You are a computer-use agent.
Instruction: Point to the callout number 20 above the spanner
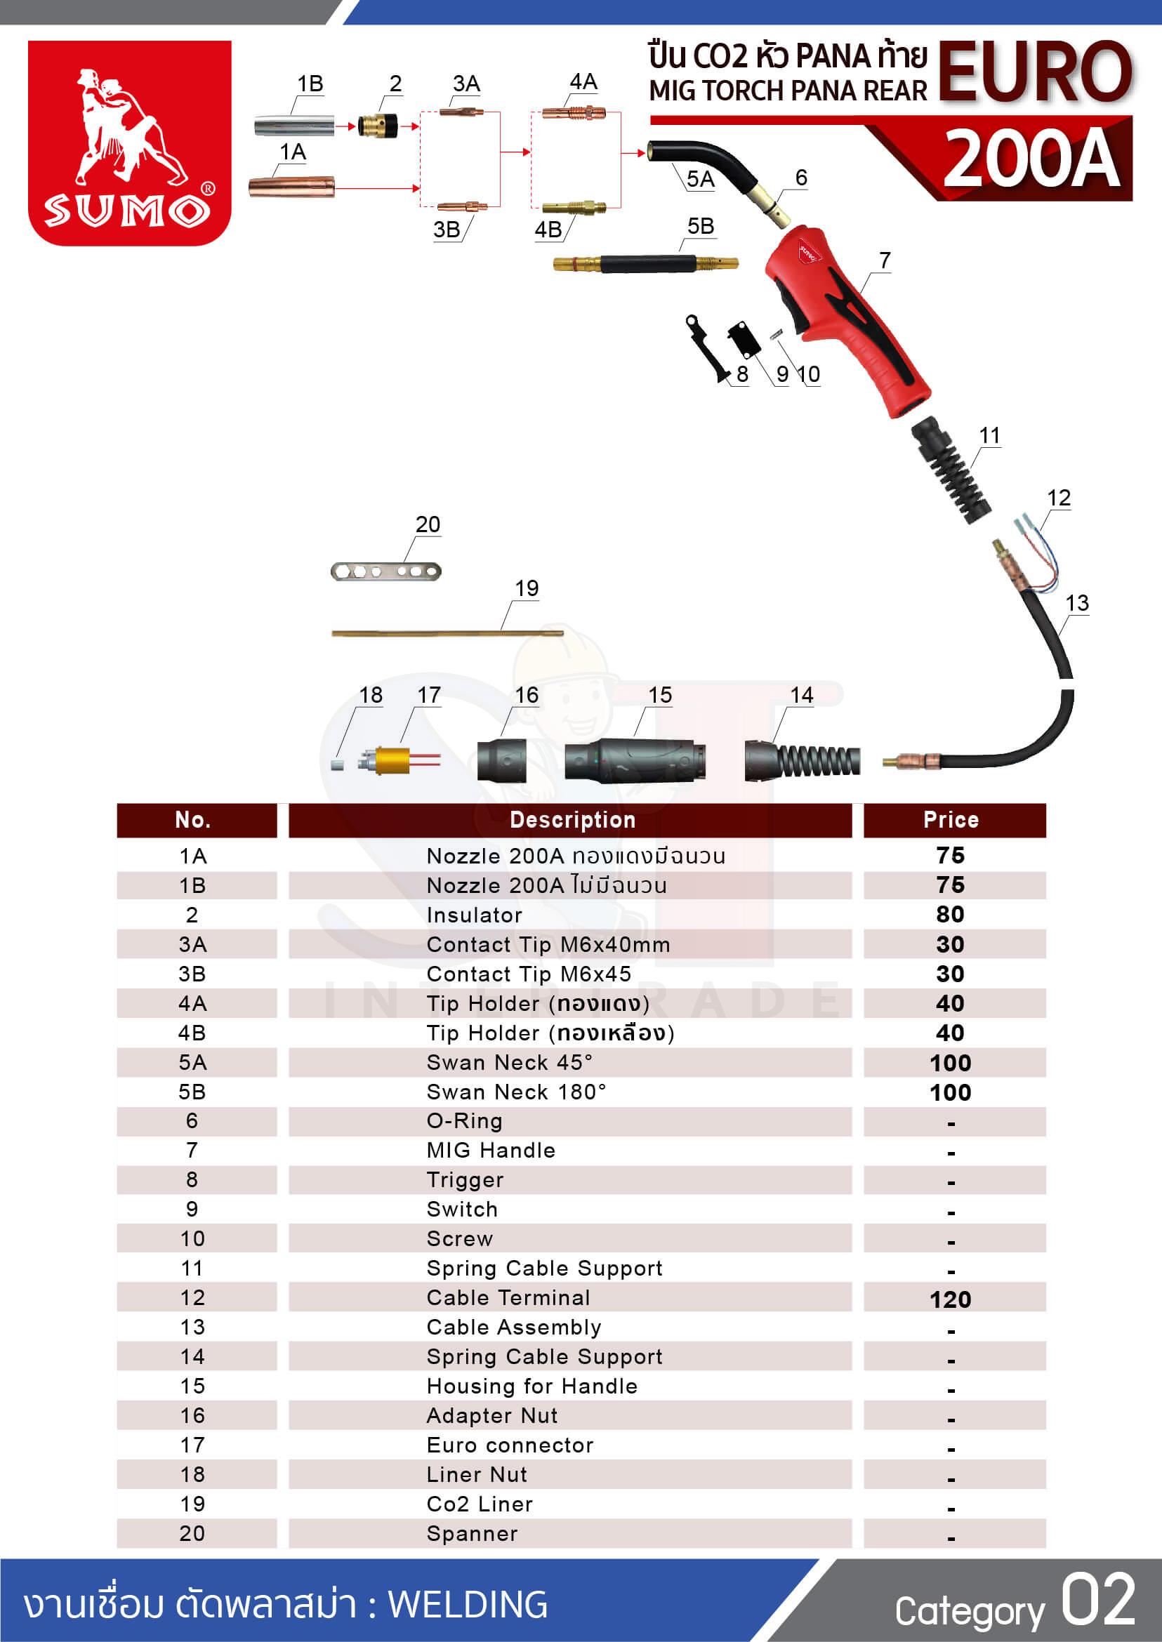point(428,524)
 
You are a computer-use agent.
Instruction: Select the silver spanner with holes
point(385,571)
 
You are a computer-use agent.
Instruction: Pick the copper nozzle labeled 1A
point(291,186)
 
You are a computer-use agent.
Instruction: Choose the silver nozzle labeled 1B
point(294,126)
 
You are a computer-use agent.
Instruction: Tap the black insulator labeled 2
point(377,126)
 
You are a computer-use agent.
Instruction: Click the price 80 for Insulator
point(949,915)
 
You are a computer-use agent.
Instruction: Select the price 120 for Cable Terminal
point(950,1299)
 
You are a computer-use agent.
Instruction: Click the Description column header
point(572,820)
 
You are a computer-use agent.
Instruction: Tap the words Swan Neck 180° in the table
point(516,1092)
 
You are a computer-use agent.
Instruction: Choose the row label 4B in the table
point(192,1033)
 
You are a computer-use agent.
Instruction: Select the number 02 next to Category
point(1098,1601)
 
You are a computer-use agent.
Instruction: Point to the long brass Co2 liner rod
point(447,633)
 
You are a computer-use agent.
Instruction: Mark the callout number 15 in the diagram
point(660,695)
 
